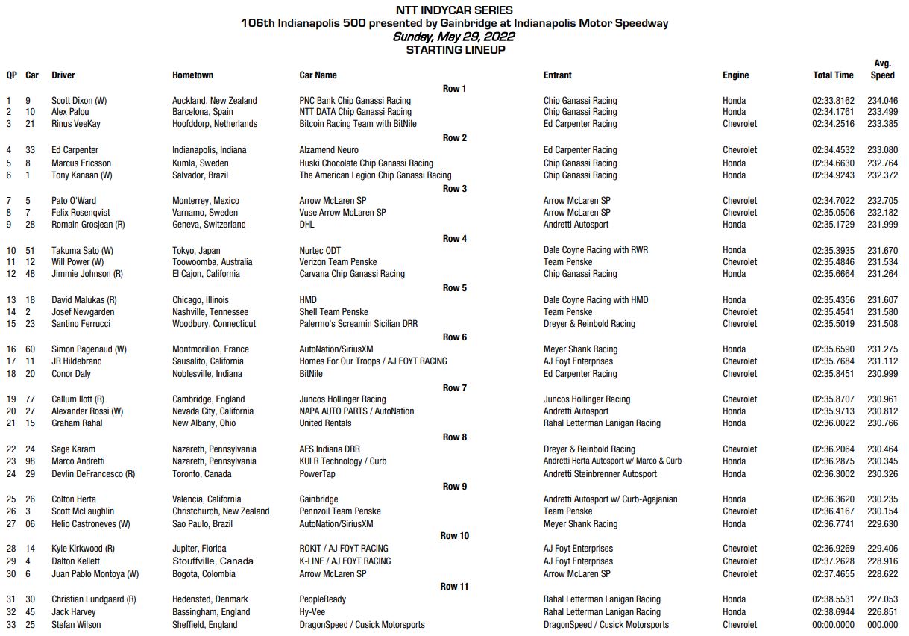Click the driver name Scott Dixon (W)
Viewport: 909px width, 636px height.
point(79,100)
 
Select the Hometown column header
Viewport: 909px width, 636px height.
point(192,75)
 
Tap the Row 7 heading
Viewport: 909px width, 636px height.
point(454,387)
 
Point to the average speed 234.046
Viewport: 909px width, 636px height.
point(883,100)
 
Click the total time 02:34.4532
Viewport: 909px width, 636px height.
point(833,150)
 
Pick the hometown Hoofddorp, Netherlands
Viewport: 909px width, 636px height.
point(215,124)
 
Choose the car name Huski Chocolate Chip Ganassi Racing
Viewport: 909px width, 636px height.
point(366,163)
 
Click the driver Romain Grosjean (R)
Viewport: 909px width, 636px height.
point(88,224)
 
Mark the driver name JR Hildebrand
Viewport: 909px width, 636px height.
point(77,361)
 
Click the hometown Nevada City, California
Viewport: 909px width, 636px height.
point(213,411)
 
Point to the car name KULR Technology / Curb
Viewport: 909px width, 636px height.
point(343,461)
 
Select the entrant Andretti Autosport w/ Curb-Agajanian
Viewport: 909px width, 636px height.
point(610,499)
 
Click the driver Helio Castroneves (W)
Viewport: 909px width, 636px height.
point(91,523)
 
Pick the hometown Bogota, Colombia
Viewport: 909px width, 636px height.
point(204,573)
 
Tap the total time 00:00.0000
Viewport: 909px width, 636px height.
point(833,624)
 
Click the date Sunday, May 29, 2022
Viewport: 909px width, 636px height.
point(454,36)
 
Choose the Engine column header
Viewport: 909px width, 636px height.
point(735,75)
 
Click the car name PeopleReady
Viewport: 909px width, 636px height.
point(323,599)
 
